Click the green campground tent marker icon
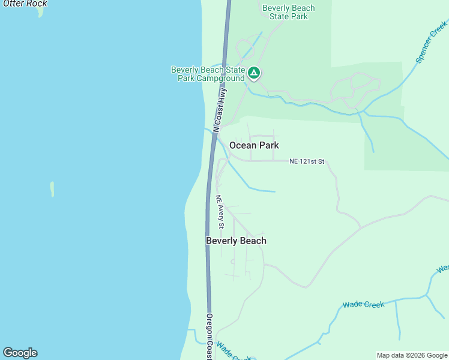[254, 73]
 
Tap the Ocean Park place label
[254, 145]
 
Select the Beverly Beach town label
[236, 241]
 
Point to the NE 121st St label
[307, 161]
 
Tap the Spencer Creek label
[431, 42]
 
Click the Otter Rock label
[25, 4]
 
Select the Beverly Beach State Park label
[289, 13]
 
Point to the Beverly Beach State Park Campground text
[208, 74]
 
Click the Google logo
[20, 353]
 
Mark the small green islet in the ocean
[52, 189]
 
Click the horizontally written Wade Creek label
[363, 305]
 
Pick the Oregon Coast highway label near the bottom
[209, 336]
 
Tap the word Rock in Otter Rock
[37, 4]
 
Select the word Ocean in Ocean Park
[243, 145]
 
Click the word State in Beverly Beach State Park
[280, 17]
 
